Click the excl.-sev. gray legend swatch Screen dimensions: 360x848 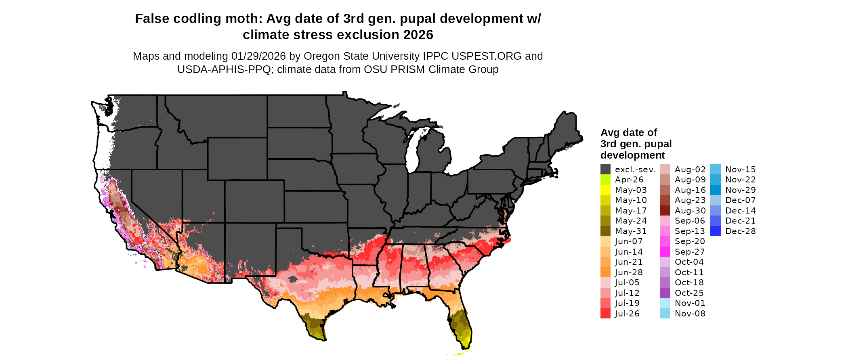click(605, 170)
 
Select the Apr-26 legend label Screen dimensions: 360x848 click(629, 180)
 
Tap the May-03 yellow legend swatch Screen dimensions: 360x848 click(605, 190)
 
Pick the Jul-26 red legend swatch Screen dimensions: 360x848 click(605, 314)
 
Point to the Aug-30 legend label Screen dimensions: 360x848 click(690, 211)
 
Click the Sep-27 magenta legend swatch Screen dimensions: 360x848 click(665, 252)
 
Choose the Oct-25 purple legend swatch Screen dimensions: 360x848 click(665, 293)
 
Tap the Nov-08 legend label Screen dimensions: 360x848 click(690, 314)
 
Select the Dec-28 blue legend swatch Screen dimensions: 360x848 click(715, 231)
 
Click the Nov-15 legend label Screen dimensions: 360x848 click(740, 170)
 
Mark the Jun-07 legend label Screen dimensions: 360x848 click(629, 241)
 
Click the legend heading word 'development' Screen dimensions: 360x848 click(632, 155)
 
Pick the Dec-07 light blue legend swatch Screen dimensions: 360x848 click(715, 200)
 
